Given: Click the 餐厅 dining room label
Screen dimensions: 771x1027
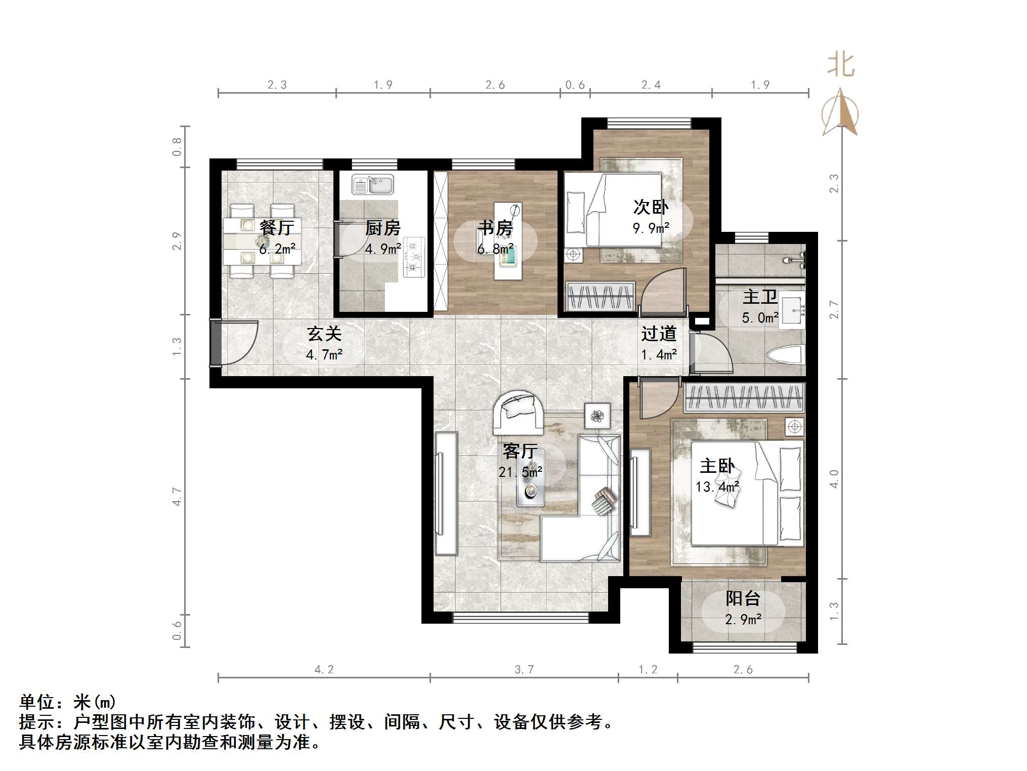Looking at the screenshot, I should click(276, 227).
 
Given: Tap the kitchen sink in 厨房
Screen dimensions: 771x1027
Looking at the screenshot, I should click(373, 185).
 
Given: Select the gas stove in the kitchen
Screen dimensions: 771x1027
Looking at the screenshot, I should click(413, 257).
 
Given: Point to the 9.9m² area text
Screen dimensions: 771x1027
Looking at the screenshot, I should click(651, 228).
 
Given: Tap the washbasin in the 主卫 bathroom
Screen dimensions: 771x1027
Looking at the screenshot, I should click(791, 310).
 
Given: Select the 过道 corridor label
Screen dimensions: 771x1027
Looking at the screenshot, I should click(659, 334).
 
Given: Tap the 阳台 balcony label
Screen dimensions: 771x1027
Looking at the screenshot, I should click(743, 598).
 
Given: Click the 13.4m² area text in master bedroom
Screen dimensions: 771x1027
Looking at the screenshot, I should click(717, 487).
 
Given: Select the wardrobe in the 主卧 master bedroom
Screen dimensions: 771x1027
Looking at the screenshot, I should click(744, 397).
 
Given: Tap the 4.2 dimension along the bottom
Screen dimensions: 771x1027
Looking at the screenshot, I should click(324, 670).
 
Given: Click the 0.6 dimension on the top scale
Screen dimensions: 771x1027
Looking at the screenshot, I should click(575, 85).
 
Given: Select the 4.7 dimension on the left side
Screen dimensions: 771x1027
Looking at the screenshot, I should click(177, 496).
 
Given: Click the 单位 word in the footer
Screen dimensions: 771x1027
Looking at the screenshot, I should click(37, 702).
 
